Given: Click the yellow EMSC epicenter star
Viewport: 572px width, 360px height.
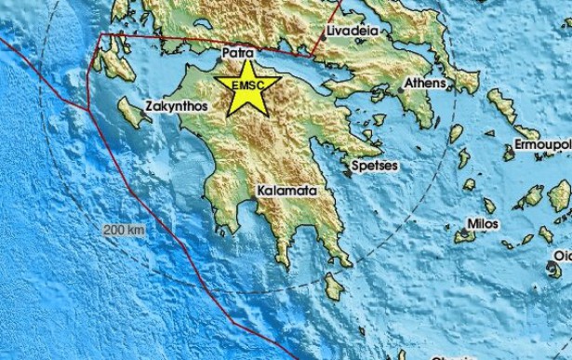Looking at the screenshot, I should click(x=246, y=87).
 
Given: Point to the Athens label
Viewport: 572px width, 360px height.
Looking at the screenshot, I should click(x=425, y=84).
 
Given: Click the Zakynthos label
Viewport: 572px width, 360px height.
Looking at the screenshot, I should click(x=175, y=107).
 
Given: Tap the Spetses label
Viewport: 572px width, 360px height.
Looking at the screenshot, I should click(x=375, y=166).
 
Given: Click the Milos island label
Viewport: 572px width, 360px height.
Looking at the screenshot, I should click(x=483, y=224).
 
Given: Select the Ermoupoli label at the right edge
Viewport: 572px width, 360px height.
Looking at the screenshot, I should click(x=542, y=145).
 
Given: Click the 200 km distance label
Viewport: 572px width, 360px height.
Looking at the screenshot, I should click(x=124, y=228).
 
